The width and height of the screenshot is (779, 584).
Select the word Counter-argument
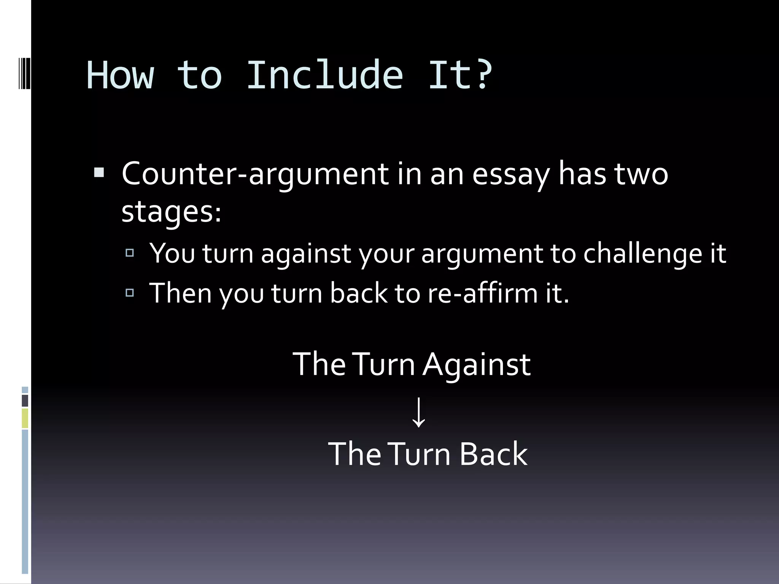255,174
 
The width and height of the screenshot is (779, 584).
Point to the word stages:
171,212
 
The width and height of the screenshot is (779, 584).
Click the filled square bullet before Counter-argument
99,173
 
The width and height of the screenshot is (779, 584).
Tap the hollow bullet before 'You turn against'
130,252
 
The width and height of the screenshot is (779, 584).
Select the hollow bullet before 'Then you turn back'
130,292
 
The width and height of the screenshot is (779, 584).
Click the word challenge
642,254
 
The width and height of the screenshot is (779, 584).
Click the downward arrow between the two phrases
419,412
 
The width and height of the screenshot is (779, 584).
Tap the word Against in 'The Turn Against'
477,365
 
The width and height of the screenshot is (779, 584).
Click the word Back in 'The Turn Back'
493,454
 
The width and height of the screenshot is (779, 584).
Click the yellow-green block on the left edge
25,418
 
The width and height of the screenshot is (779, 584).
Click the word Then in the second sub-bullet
180,293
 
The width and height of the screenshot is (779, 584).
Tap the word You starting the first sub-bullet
172,253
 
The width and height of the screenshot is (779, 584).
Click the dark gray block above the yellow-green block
25,401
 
